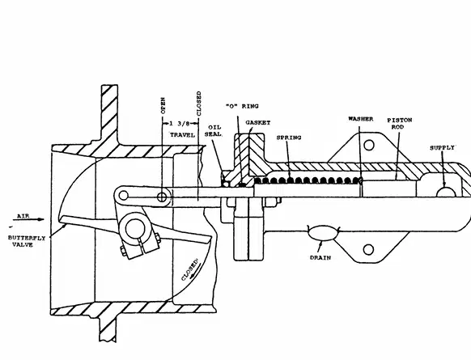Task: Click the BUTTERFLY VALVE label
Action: point(27,241)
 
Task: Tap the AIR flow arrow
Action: point(28,219)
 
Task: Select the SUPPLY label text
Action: point(442,148)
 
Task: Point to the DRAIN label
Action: point(320,257)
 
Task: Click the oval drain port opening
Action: point(321,233)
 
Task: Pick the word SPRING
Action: point(289,138)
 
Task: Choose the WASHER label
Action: point(361,119)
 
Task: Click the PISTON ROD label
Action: point(400,124)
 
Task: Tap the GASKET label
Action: point(258,122)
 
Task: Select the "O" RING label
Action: point(242,106)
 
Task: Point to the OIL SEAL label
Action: point(214,130)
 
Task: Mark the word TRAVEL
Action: point(182,135)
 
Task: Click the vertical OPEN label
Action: point(163,105)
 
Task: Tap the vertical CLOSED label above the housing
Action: point(198,104)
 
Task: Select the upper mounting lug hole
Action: point(369,145)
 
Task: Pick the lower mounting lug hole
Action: point(368,249)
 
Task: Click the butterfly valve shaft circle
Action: point(134,230)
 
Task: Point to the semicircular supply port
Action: point(446,193)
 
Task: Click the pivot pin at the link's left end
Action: point(124,196)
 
